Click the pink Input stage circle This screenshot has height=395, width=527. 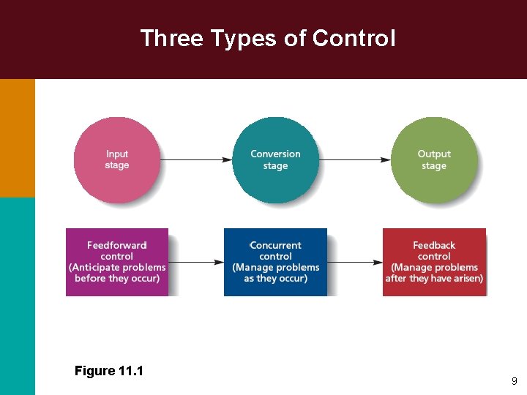coord(117,159)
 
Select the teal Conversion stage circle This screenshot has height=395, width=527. coord(275,159)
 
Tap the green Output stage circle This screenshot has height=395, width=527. coord(434,159)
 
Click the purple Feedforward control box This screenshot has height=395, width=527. coord(117,262)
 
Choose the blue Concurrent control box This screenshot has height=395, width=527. coord(275,262)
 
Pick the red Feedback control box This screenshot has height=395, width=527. coord(434,262)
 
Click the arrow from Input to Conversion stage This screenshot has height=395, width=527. coord(196,159)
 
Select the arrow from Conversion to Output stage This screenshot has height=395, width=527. coord(355,159)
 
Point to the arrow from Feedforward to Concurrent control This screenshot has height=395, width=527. coord(196,262)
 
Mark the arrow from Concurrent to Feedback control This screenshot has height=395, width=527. coord(355,262)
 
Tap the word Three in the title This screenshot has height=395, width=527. coord(166,38)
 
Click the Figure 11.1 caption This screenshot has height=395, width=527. coord(109,371)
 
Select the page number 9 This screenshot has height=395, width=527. coord(515,381)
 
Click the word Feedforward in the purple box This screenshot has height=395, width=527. coord(117,246)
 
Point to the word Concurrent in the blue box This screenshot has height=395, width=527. coord(276,246)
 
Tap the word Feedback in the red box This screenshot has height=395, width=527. coord(434,246)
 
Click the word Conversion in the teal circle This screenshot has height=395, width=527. coord(275,154)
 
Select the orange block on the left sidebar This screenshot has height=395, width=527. coord(17,138)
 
